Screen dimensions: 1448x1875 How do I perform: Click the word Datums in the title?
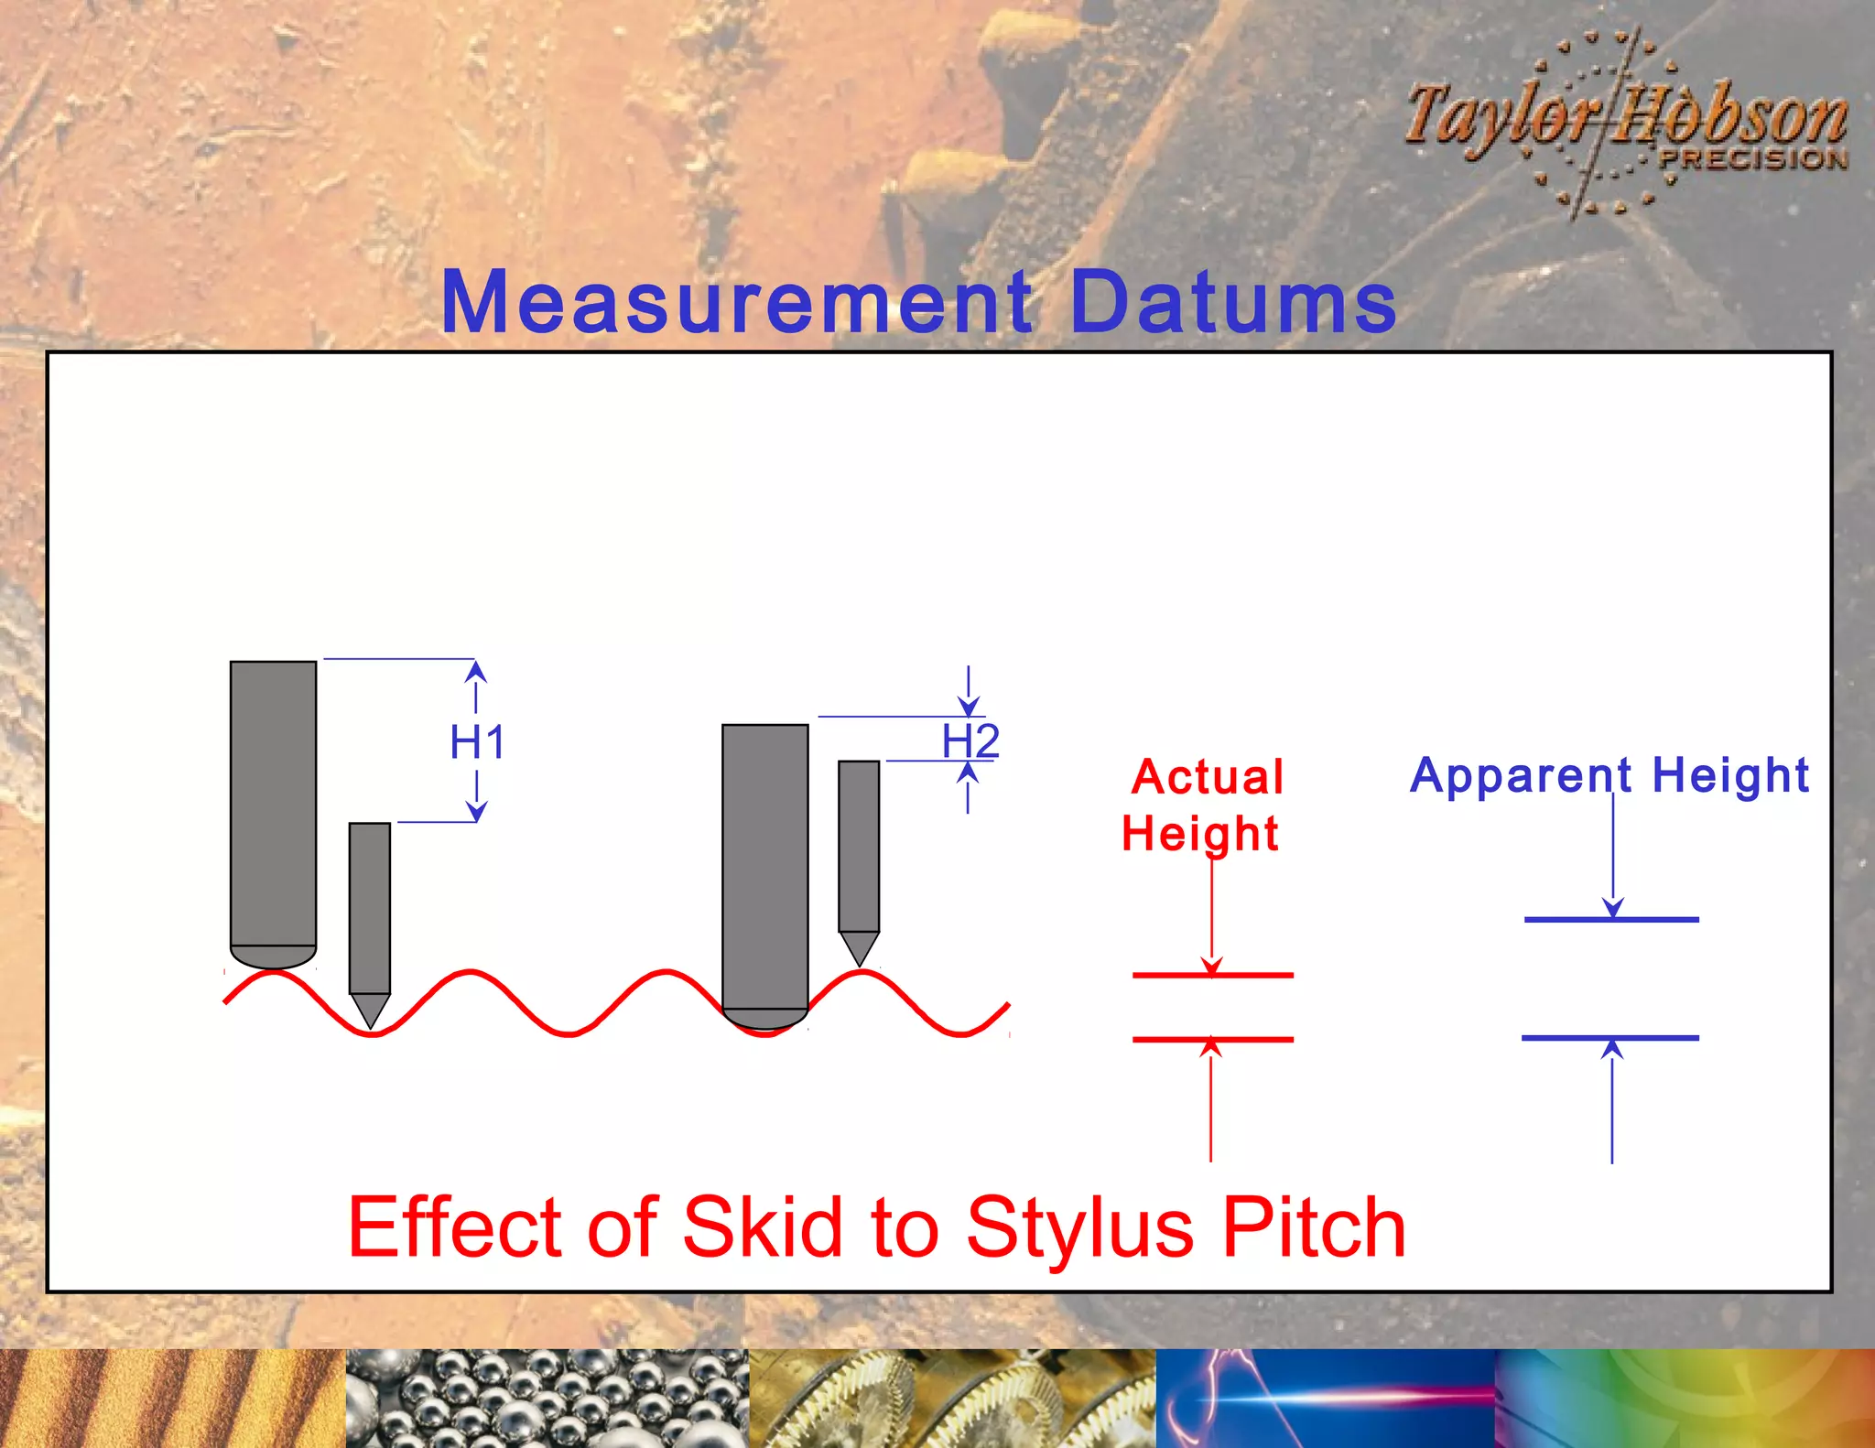[x=1232, y=302]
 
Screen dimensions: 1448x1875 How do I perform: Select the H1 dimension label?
[x=477, y=741]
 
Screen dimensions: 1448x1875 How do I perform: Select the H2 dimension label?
[x=970, y=740]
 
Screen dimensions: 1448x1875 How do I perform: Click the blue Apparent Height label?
[x=1609, y=776]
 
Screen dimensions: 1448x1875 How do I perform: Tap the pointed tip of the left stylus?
[x=370, y=1021]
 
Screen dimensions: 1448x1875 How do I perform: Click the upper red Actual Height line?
[x=1212, y=976]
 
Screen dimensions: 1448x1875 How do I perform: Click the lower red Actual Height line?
[x=1212, y=1040]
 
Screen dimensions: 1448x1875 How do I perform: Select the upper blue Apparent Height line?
[x=1611, y=919]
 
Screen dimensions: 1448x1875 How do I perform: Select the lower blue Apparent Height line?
[x=1610, y=1038]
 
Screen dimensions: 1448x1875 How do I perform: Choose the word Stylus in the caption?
[x=1080, y=1227]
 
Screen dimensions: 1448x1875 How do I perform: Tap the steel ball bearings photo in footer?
[x=547, y=1398]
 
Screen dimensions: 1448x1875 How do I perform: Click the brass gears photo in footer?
[x=952, y=1398]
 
